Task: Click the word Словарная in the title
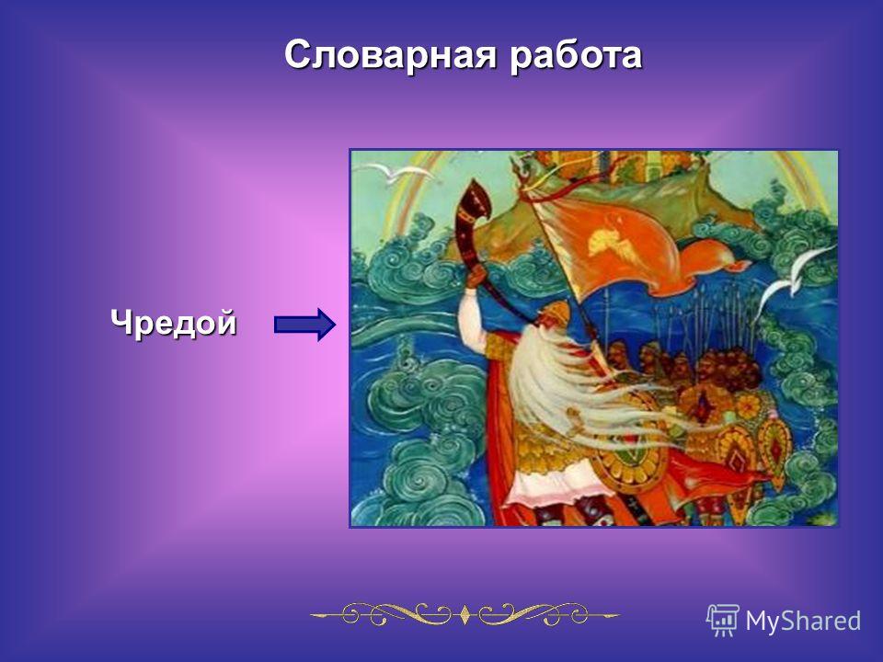(x=391, y=56)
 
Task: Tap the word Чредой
(x=174, y=324)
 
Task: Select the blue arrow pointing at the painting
(x=304, y=325)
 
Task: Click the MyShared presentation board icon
(x=723, y=621)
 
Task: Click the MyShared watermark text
(x=803, y=622)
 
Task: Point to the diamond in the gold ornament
(x=465, y=614)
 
